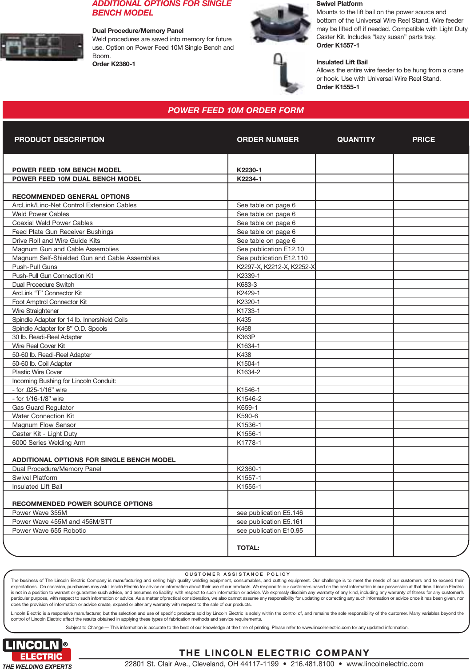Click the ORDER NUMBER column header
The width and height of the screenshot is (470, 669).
tap(267, 139)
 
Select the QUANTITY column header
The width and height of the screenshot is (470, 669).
tap(356, 139)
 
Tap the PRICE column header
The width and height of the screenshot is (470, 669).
tap(423, 139)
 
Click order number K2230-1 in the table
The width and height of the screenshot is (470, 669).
tap(249, 170)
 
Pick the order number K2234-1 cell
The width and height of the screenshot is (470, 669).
tap(249, 179)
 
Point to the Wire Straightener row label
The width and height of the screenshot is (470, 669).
tap(36, 311)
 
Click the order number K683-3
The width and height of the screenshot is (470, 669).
tap(247, 285)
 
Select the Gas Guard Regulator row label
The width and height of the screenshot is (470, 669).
tap(43, 408)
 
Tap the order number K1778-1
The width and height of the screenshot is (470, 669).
tap(249, 443)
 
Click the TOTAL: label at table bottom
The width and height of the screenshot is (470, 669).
tap(248, 548)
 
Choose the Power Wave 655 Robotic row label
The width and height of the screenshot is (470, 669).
tap(49, 530)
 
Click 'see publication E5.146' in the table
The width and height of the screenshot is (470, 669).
tap(270, 513)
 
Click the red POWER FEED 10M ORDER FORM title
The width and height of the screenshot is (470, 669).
tap(235, 110)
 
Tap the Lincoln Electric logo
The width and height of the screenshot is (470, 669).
tap(36, 650)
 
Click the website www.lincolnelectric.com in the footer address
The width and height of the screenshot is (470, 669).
tap(385, 664)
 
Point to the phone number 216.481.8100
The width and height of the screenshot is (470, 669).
tap(312, 664)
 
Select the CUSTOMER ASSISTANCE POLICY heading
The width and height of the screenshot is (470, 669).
tap(237, 574)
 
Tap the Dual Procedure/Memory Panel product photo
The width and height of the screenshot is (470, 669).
tap(42, 47)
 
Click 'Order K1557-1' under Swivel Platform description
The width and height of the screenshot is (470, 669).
tap(338, 45)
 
